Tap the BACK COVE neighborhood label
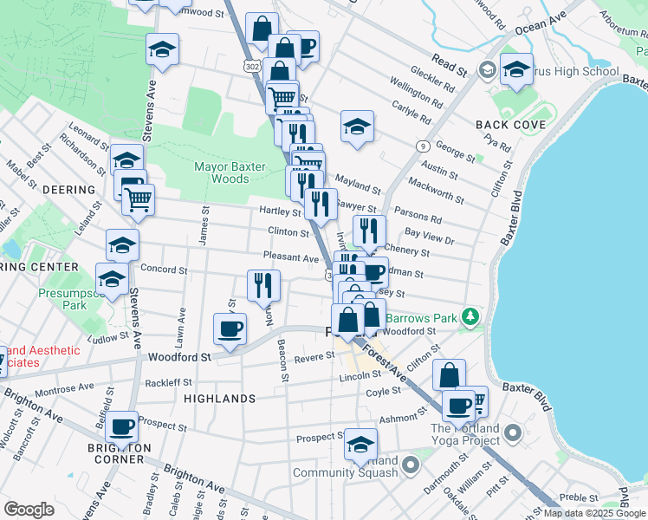[x=510, y=125]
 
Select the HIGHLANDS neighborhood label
[x=219, y=399]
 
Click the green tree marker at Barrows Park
[x=470, y=317]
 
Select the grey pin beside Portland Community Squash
[x=411, y=466]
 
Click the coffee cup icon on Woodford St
[x=230, y=328]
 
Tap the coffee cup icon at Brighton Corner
[x=124, y=426]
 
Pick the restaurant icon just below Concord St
[x=262, y=284]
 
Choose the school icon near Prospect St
[x=360, y=445]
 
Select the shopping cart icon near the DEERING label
[x=137, y=199]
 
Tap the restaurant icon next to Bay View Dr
[x=370, y=231]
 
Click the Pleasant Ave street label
[x=292, y=257]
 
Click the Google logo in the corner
[x=29, y=510]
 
